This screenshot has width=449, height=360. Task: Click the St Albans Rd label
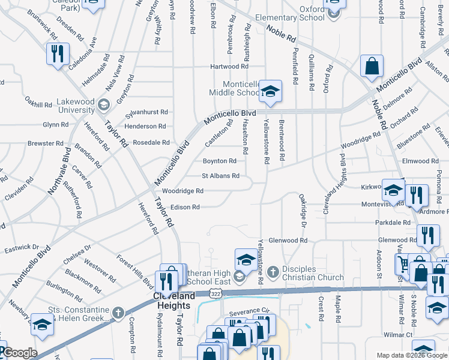220,176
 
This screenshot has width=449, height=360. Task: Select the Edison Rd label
185,207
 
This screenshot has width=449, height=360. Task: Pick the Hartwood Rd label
228,67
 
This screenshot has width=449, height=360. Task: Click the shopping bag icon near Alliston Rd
372,65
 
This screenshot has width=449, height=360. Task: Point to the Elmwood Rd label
416,161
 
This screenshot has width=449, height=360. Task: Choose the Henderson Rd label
145,126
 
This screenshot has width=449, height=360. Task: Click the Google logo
19,353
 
